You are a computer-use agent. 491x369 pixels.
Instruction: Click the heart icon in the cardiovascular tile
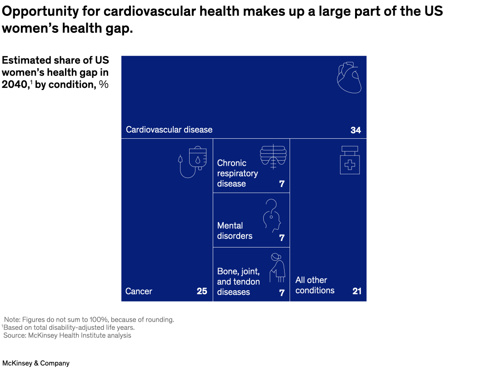tap(349, 78)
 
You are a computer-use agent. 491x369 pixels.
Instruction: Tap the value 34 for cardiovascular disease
tap(356, 130)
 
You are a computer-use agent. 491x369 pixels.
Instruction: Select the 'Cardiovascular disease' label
tap(169, 130)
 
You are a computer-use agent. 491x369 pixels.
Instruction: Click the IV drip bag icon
tap(193, 162)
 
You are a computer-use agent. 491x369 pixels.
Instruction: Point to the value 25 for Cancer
tap(202, 291)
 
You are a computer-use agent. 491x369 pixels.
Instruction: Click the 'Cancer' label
tap(139, 291)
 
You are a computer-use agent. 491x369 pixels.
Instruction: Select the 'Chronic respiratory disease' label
tap(237, 173)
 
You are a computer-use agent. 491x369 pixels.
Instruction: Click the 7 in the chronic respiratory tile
tap(282, 184)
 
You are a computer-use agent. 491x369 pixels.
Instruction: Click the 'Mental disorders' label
tap(235, 231)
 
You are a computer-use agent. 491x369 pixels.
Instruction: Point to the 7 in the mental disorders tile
tap(282, 238)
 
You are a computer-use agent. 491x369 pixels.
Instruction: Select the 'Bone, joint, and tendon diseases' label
tap(238, 282)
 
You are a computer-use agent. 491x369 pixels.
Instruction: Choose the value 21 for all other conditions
tap(357, 291)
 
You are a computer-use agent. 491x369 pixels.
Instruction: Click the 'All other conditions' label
tap(315, 285)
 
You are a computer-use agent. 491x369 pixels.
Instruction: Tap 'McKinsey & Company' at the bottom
tap(36, 363)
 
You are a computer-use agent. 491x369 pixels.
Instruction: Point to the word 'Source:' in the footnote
tap(15, 335)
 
